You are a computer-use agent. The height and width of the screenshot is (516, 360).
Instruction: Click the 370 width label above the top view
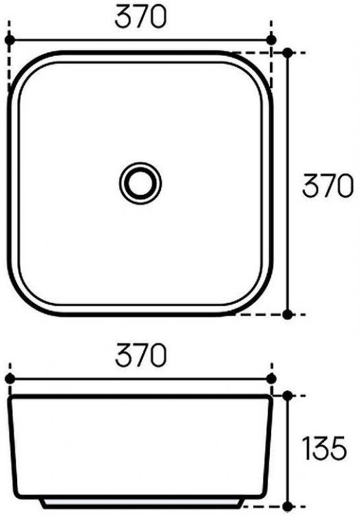(141, 17)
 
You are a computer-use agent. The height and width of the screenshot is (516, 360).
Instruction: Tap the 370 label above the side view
(141, 356)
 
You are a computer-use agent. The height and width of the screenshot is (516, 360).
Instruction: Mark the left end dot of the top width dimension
(9, 40)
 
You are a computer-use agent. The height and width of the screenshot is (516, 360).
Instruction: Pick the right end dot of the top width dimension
(272, 40)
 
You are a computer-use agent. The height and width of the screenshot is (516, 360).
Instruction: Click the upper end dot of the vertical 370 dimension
(288, 52)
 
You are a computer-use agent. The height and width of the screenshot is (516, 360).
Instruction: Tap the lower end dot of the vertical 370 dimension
(288, 314)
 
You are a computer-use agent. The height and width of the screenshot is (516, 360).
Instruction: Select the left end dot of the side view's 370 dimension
(9, 378)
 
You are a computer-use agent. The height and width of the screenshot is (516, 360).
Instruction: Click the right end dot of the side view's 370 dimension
(272, 378)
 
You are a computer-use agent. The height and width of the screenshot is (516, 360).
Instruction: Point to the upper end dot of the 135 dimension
(288, 396)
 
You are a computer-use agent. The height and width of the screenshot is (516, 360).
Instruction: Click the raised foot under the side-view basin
(141, 502)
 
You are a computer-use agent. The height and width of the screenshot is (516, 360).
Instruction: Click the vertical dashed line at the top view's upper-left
(9, 69)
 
